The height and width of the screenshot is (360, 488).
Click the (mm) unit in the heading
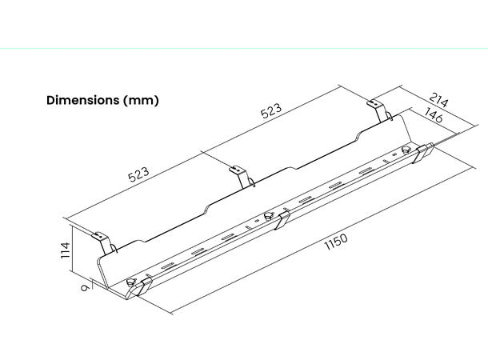(x=141, y=100)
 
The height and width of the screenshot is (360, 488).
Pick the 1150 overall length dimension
(x=337, y=242)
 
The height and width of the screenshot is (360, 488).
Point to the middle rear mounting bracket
(x=238, y=172)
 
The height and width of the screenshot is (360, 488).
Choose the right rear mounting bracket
(x=375, y=106)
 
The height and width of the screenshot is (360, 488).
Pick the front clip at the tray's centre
(x=282, y=220)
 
